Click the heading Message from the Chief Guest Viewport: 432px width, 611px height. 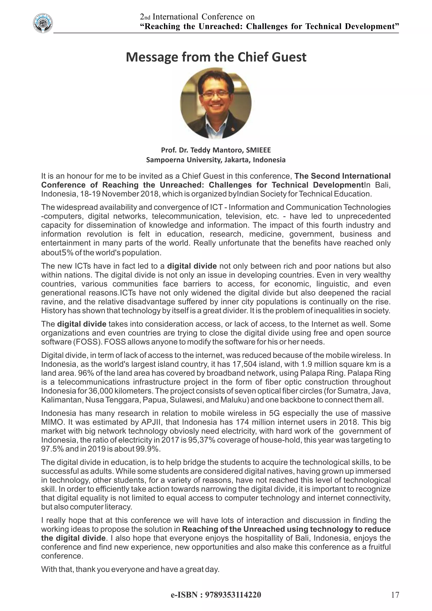click(216, 57)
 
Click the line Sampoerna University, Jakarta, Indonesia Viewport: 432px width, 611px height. click(216, 160)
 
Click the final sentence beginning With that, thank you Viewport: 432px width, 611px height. click(130, 569)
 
